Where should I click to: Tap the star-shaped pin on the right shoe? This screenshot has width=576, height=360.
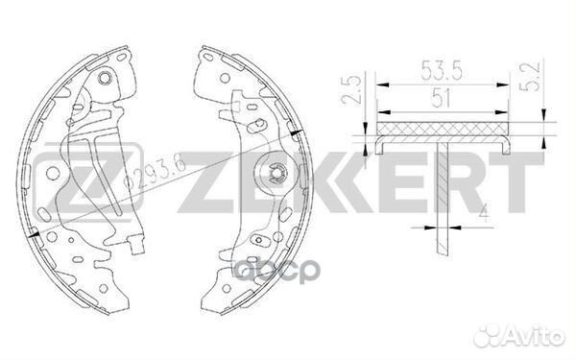(276, 174)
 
